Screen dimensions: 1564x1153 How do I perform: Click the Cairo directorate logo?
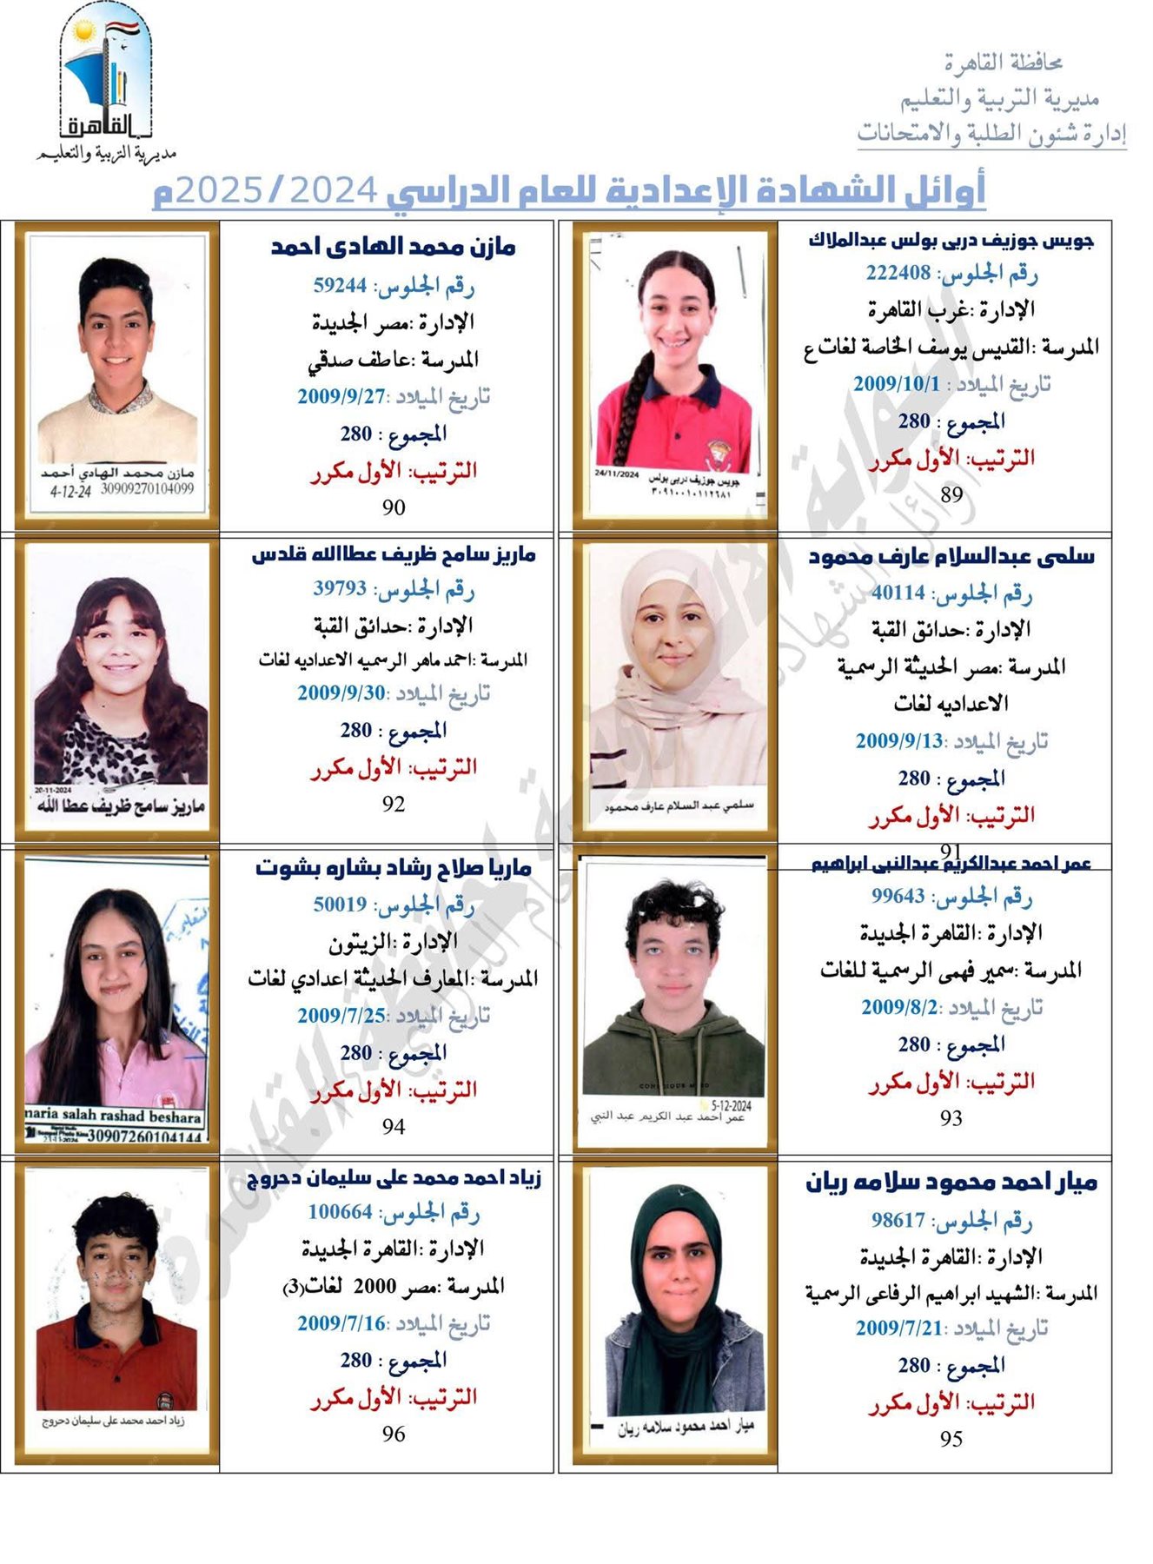point(106,83)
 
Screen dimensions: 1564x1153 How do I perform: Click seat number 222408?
point(898,273)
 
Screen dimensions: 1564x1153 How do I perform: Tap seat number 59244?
point(340,285)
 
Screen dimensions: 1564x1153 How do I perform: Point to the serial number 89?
point(951,494)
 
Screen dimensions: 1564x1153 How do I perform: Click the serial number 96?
point(394,1434)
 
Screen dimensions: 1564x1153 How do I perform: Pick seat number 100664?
point(340,1211)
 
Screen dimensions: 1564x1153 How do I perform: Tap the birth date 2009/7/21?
point(898,1328)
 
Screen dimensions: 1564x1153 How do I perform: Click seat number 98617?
point(898,1220)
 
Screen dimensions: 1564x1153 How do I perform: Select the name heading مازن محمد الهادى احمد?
point(393,248)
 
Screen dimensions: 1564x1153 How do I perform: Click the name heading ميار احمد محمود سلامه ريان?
point(951,1183)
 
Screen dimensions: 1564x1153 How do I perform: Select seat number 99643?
point(898,896)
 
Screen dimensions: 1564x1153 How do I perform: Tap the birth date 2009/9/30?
point(341,693)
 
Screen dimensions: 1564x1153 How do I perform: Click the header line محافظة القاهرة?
point(1004,63)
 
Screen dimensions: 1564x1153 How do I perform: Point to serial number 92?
point(394,804)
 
